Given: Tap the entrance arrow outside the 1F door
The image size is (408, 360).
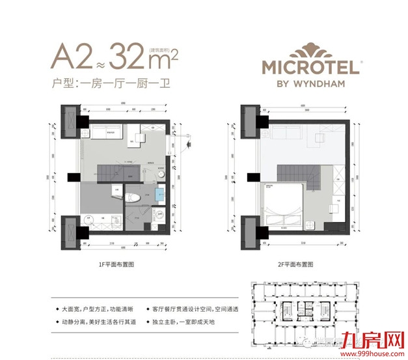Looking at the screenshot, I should click(x=187, y=139).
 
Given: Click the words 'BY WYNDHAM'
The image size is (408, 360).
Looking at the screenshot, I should click(x=310, y=83).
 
